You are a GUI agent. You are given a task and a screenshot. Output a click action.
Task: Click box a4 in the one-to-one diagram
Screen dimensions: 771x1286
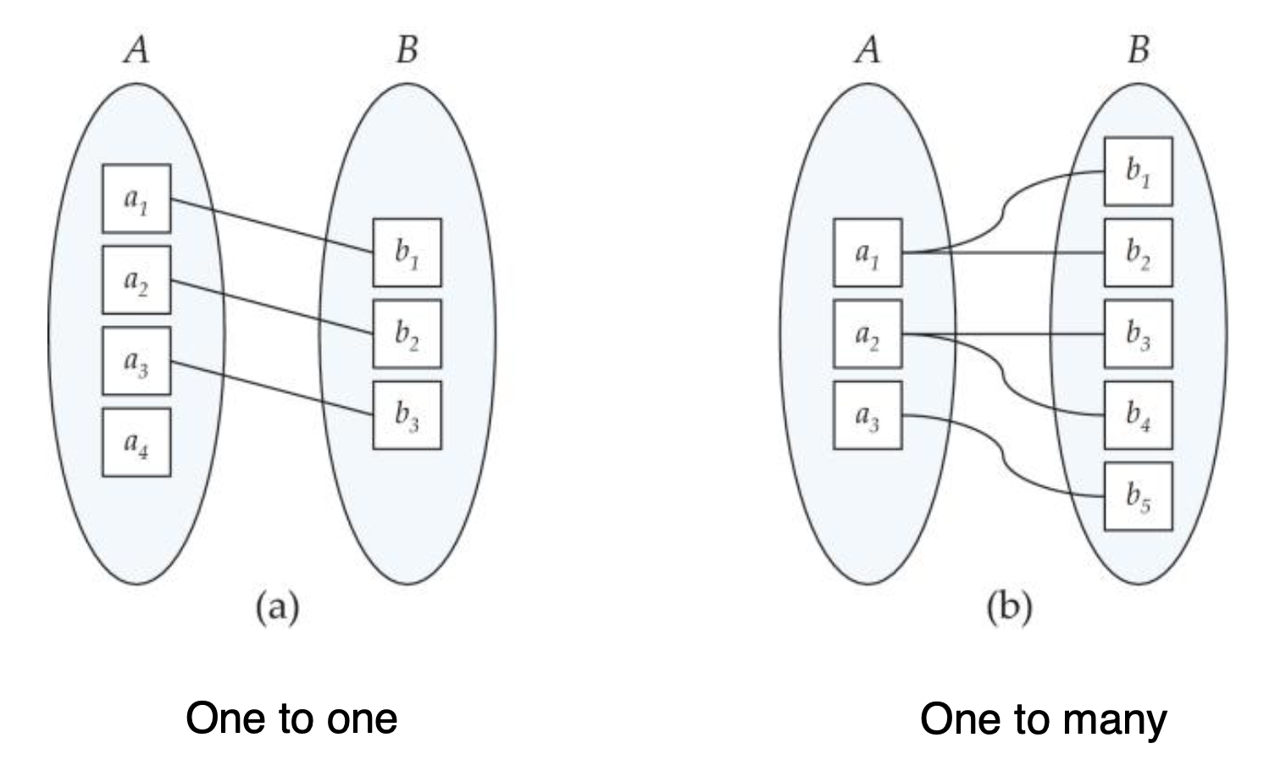click(x=136, y=442)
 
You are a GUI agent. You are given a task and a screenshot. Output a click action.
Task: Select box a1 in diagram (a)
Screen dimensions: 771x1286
click(x=136, y=199)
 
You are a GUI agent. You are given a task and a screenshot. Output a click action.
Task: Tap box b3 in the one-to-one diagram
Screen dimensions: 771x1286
click(x=407, y=415)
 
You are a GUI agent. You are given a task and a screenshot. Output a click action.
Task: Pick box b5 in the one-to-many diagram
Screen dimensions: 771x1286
click(x=1138, y=496)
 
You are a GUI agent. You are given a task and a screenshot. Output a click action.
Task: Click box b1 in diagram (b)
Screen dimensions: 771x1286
click(x=1138, y=171)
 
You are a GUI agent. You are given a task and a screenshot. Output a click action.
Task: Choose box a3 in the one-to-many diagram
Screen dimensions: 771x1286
click(x=867, y=415)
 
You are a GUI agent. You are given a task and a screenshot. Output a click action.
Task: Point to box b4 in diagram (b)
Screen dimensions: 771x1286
click(x=1138, y=415)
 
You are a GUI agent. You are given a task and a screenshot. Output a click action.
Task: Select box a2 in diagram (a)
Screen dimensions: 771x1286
click(x=136, y=280)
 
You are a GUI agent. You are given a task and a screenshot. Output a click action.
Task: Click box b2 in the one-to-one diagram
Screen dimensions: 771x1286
click(x=407, y=334)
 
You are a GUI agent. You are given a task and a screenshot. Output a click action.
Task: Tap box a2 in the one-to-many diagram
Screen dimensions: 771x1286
click(x=867, y=334)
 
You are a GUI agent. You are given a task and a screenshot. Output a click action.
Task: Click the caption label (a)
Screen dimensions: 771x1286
click(x=277, y=608)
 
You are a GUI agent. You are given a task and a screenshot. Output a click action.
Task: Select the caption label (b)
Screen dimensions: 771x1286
click(x=1008, y=608)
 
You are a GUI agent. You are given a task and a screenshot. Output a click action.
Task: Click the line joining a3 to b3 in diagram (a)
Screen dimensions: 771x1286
click(x=271, y=389)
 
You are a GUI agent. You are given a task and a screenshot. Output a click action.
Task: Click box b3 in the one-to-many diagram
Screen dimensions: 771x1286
click(x=1138, y=334)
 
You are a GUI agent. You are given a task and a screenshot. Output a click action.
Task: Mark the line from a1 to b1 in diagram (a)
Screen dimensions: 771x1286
click(x=271, y=225)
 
